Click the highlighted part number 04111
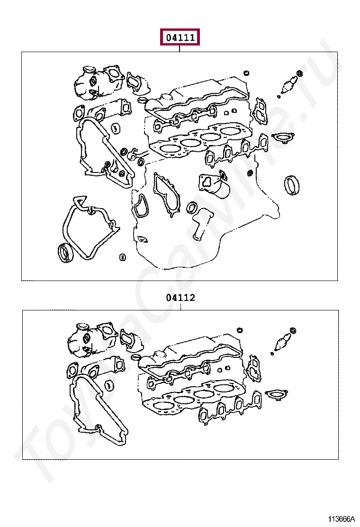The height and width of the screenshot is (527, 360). (180, 37)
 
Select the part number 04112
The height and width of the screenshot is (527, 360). (180, 298)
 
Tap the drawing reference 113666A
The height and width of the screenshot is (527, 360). (342, 519)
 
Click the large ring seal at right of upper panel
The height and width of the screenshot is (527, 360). (291, 185)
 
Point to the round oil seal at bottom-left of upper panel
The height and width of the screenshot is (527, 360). (65, 253)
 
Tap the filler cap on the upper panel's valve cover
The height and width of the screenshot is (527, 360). (166, 98)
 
